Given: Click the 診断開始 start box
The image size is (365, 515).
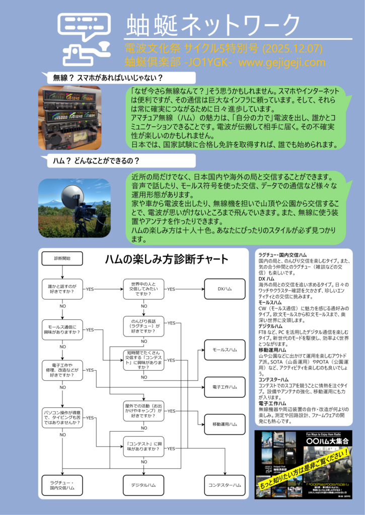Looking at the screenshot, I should click(x=62, y=258).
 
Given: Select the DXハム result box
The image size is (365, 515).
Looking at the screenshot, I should click(x=224, y=289).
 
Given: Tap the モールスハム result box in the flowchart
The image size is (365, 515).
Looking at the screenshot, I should click(x=224, y=350).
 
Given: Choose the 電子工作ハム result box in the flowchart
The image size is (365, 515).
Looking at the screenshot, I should click(x=224, y=387).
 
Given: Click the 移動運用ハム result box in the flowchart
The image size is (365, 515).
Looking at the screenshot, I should click(x=224, y=424).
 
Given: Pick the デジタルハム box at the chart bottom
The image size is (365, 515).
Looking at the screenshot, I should click(x=144, y=485).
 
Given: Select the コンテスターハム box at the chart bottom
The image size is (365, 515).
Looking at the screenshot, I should click(x=224, y=485).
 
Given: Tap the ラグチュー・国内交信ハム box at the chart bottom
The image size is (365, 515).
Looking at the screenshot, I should click(x=62, y=485).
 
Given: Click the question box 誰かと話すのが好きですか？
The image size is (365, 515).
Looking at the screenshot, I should click(x=62, y=289).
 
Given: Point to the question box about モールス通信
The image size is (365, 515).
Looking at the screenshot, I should click(x=62, y=330).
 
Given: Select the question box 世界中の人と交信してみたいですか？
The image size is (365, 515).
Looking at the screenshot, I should click(x=144, y=289).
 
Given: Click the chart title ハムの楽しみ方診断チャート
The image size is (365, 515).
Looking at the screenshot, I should click(x=167, y=260).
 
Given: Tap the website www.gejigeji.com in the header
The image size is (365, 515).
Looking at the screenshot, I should click(x=282, y=63).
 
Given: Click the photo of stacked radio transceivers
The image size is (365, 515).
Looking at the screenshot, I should click(x=70, y=118).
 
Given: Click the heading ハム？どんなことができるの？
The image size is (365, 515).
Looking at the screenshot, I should click(x=96, y=161).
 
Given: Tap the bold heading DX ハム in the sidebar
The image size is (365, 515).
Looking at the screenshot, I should click(x=266, y=278).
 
